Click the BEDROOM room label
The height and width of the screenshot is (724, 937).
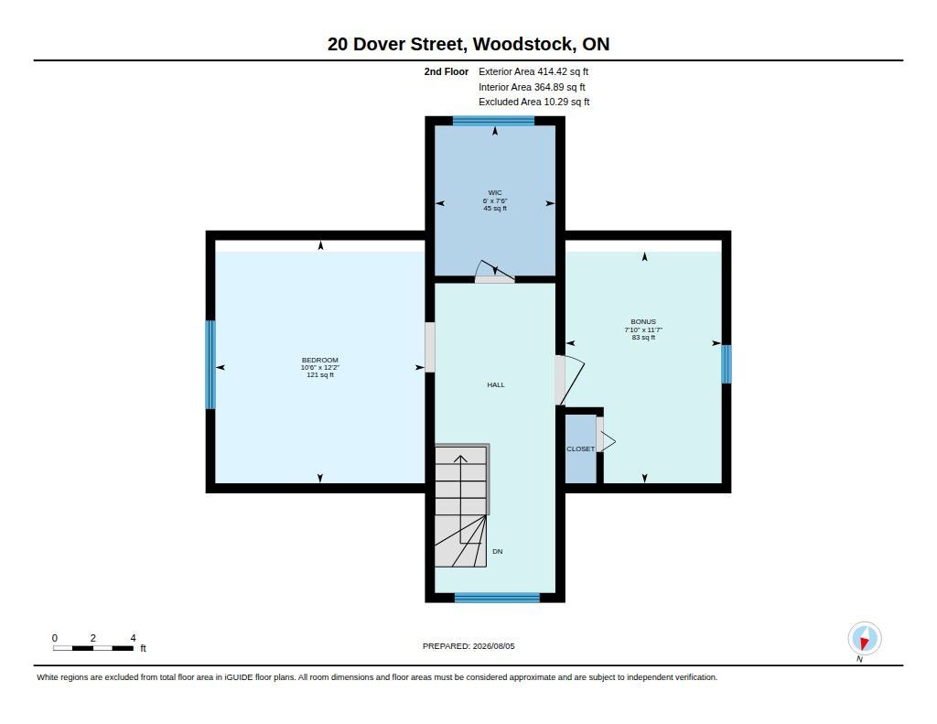pyautogui.click(x=319, y=360)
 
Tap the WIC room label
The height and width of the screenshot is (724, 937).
pyautogui.click(x=495, y=192)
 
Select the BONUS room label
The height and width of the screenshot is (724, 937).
pyautogui.click(x=643, y=321)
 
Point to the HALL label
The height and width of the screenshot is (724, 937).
pyautogui.click(x=496, y=385)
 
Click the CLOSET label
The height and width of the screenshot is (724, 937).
pyautogui.click(x=581, y=449)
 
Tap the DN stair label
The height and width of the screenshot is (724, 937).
pyautogui.click(x=497, y=551)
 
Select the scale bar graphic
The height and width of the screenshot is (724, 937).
pyautogui.click(x=93, y=648)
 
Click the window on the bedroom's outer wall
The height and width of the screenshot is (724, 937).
pyautogui.click(x=210, y=364)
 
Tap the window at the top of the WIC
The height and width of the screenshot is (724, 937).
pyautogui.click(x=493, y=121)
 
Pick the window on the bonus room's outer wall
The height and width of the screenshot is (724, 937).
pyautogui.click(x=726, y=364)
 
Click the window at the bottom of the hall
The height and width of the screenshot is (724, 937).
pyautogui.click(x=497, y=598)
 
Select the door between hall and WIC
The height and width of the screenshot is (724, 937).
pyautogui.click(x=495, y=272)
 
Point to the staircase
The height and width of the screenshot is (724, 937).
pyautogui.click(x=462, y=505)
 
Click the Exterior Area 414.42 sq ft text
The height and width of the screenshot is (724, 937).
pyautogui.click(x=533, y=71)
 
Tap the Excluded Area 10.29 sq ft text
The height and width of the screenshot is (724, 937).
pyautogui.click(x=534, y=103)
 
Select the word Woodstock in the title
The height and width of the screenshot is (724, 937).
pyautogui.click(x=524, y=44)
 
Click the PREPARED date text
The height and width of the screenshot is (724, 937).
pyautogui.click(x=468, y=646)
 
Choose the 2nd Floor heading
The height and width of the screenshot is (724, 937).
pyautogui.click(x=447, y=71)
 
